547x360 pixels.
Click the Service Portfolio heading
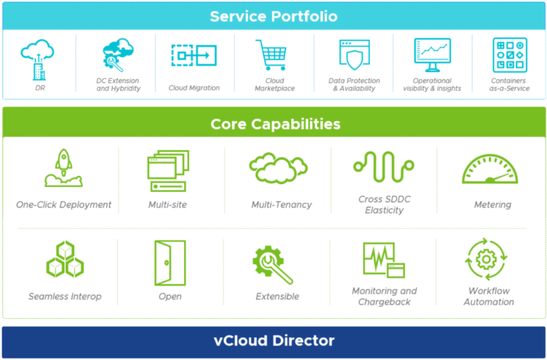(x=273, y=15)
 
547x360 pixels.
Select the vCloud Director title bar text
(x=273, y=341)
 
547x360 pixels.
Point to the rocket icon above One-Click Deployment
(x=63, y=169)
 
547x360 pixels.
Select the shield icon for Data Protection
(x=354, y=55)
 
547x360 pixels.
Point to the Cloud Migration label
(x=194, y=88)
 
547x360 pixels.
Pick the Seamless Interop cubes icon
(x=65, y=260)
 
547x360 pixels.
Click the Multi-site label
(x=167, y=205)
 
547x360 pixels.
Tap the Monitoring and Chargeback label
(x=384, y=296)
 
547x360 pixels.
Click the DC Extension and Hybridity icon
(x=118, y=55)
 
